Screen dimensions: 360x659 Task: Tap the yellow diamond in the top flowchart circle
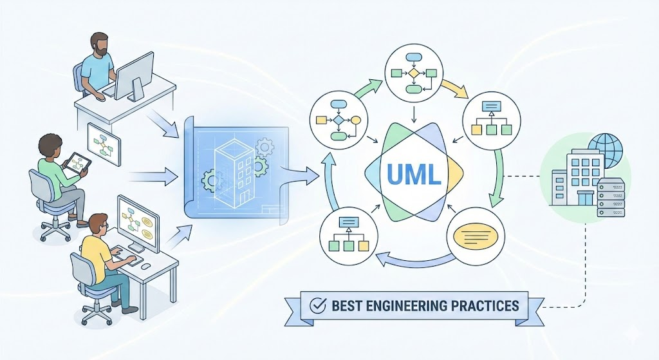coord(413,73)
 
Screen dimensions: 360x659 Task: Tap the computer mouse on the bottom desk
coord(146,265)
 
